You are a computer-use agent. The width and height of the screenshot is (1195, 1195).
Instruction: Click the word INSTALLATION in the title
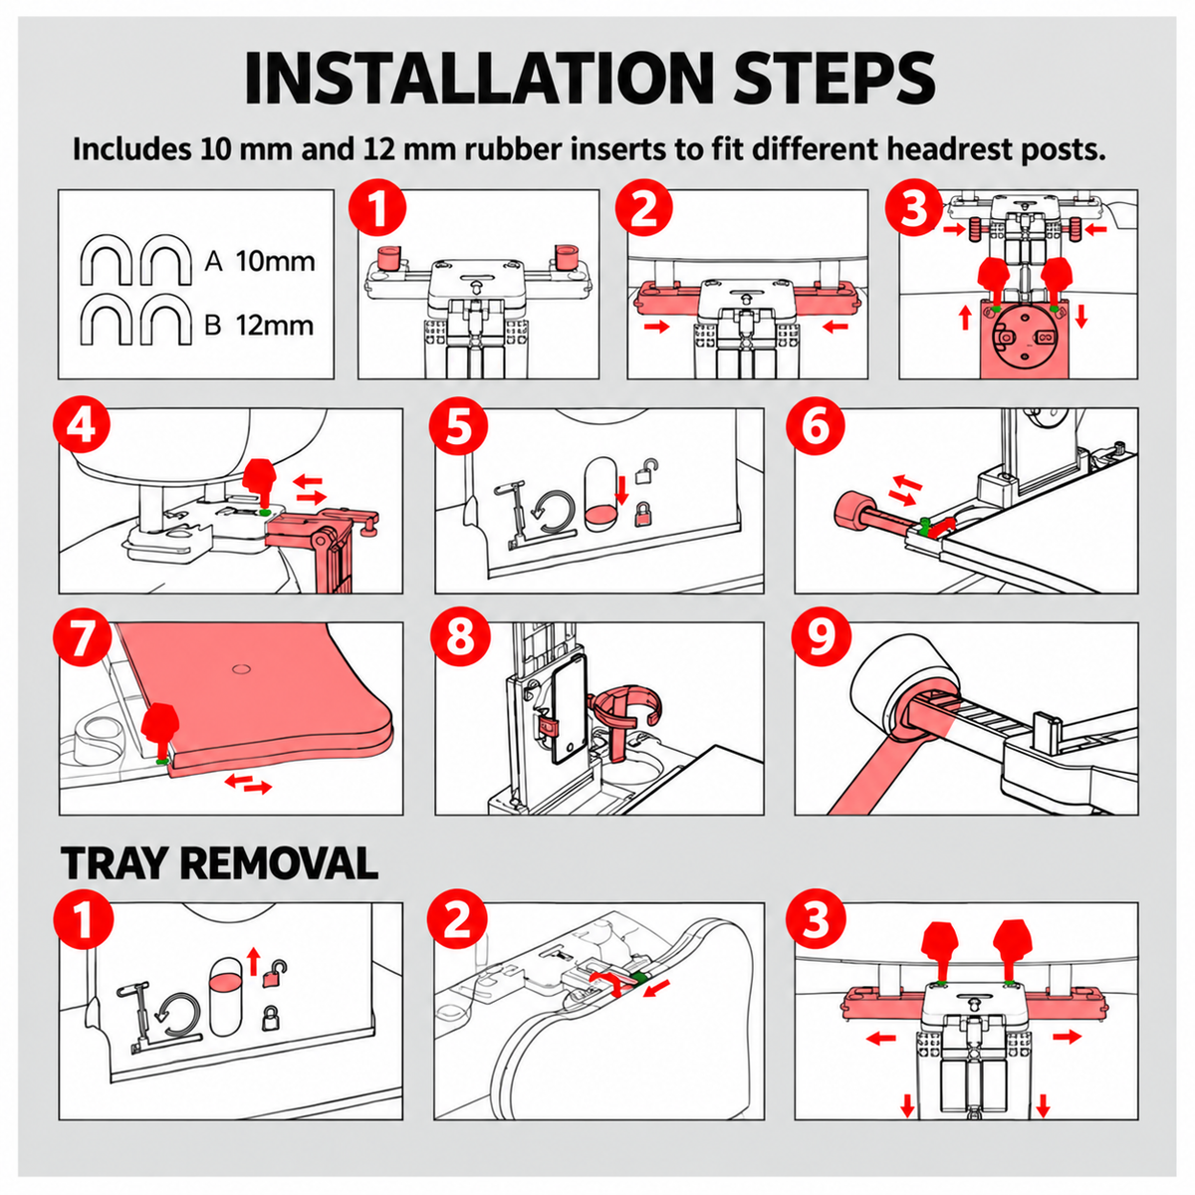tap(476, 78)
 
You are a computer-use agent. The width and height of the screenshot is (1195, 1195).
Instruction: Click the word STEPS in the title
tap(834, 78)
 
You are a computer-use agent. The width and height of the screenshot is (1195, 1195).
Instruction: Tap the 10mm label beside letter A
tap(275, 261)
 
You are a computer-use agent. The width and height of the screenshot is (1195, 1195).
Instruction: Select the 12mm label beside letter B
tap(275, 326)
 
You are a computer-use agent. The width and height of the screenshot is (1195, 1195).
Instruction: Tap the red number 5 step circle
tap(459, 427)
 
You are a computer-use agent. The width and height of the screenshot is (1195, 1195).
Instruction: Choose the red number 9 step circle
tap(821, 638)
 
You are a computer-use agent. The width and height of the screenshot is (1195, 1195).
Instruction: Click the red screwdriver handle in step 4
tap(259, 474)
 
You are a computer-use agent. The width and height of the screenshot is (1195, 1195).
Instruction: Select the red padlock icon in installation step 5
tap(643, 515)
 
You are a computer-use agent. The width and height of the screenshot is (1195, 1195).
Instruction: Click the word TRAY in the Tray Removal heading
tap(116, 862)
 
